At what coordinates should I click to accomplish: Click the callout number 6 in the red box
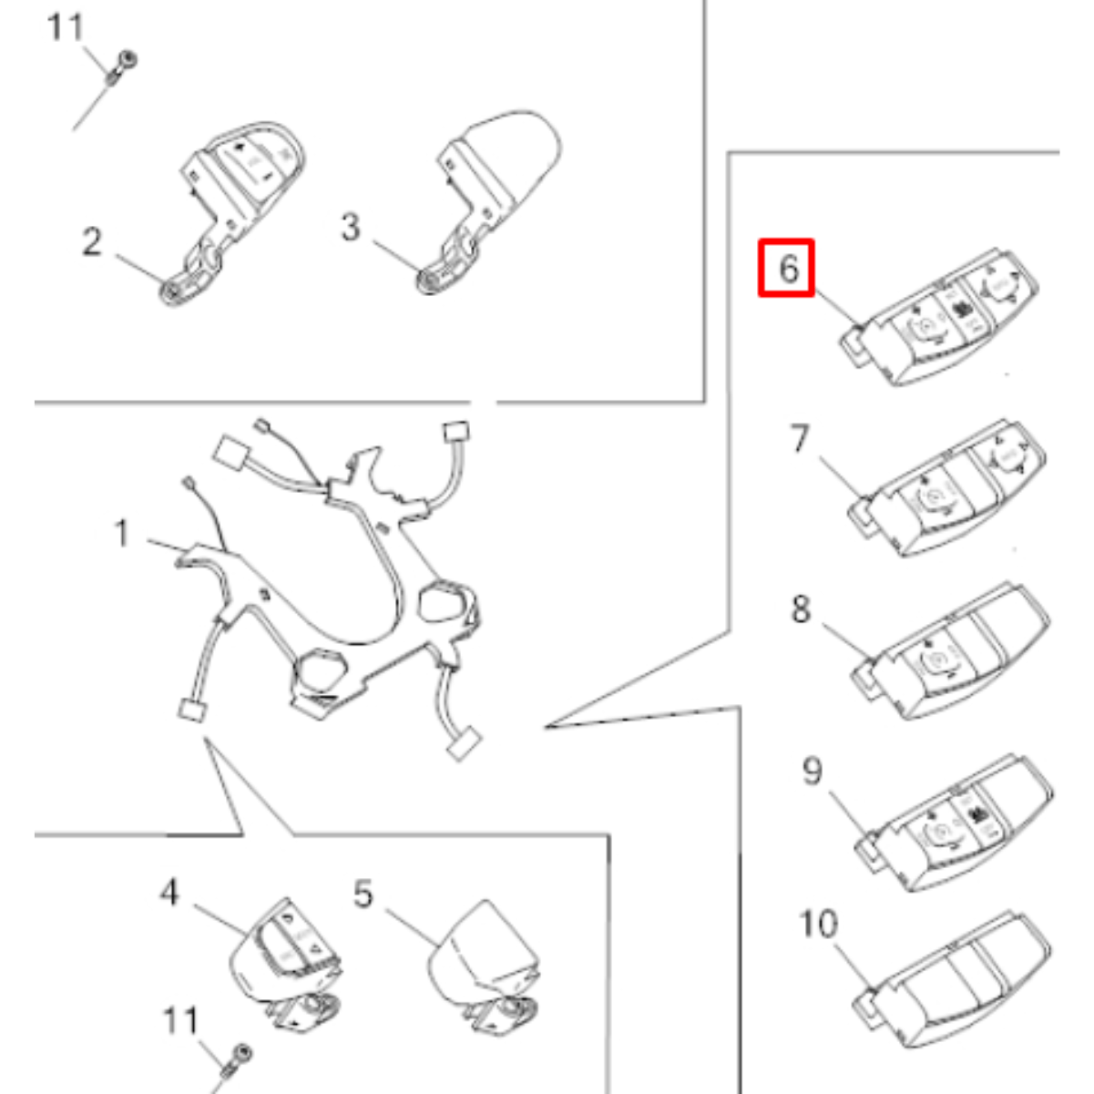click(789, 269)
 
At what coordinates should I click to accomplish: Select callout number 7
click(800, 438)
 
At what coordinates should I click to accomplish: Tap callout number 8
click(801, 609)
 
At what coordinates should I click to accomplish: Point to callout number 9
click(812, 771)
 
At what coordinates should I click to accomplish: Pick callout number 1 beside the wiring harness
click(121, 534)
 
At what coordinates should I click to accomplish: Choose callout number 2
click(92, 241)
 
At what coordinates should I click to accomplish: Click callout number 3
click(351, 227)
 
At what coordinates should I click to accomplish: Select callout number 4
click(169, 892)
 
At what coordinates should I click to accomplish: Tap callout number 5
click(363, 895)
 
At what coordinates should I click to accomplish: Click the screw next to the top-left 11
click(121, 67)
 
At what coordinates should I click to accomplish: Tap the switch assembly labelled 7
click(947, 488)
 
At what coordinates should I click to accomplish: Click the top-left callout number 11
click(66, 26)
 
